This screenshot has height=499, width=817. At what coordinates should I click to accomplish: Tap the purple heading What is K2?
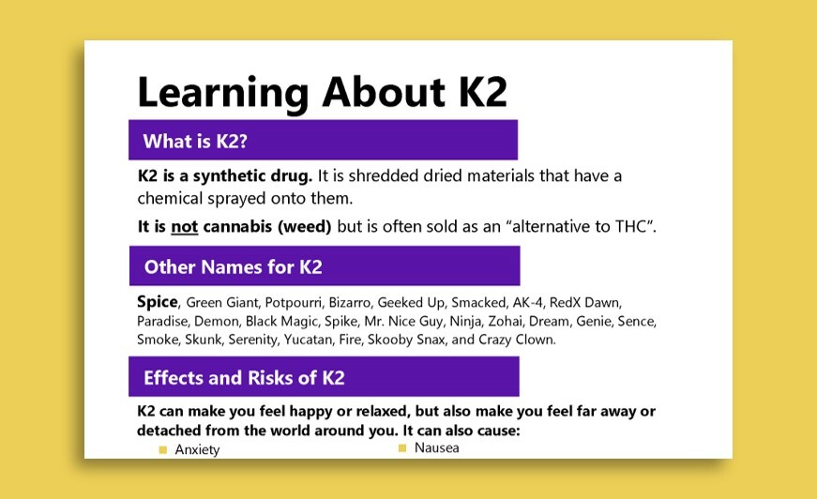(195, 142)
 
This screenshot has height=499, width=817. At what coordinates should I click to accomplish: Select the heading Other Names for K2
(233, 267)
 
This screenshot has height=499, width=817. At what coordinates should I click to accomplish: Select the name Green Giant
(218, 303)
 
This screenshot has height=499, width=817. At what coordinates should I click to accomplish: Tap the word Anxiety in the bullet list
(197, 449)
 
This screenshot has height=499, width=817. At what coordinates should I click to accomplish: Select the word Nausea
(436, 448)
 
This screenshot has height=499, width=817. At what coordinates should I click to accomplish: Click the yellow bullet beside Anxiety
(162, 450)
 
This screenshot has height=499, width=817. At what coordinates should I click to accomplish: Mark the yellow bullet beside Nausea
(402, 448)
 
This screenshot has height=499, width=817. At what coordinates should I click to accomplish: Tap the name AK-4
(524, 303)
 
